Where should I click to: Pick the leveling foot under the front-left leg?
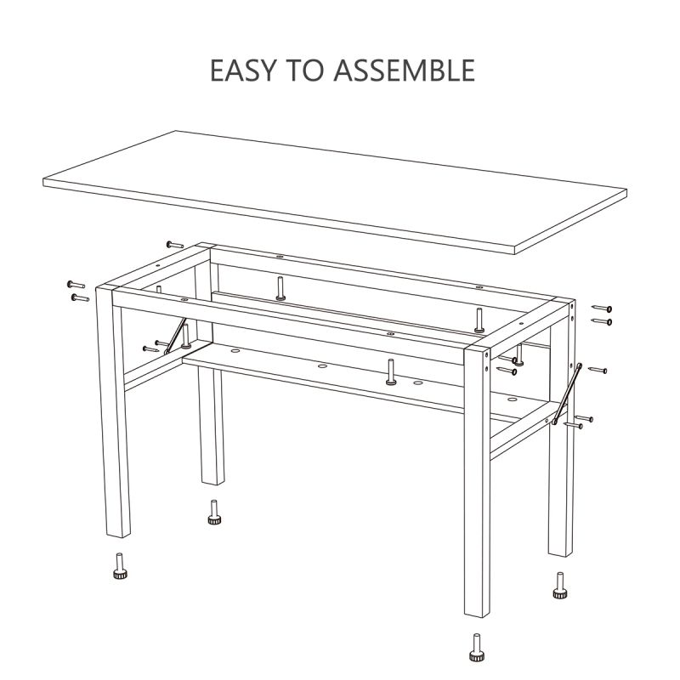[x=119, y=566]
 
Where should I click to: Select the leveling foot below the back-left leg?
[x=213, y=513]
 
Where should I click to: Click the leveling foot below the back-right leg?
[x=559, y=586]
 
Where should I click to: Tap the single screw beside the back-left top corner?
[x=175, y=244]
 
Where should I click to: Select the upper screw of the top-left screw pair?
[x=75, y=284]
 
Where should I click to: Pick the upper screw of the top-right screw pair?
[x=602, y=308]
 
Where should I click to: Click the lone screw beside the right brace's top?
[x=598, y=371]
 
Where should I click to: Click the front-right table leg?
[x=475, y=484]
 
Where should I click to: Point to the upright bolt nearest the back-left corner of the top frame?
[x=280, y=288]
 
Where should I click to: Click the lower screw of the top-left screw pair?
[x=80, y=297]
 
